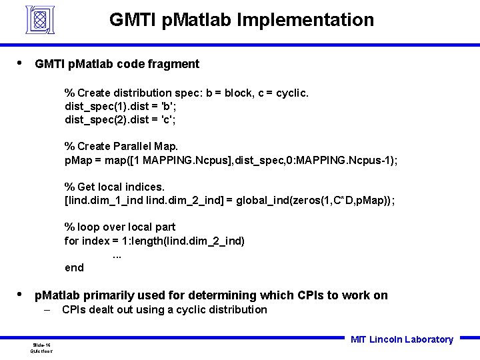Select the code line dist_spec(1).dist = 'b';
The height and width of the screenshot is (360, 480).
(120, 106)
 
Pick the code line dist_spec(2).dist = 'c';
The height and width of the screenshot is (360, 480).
(120, 120)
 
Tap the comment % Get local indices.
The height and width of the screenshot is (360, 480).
(114, 187)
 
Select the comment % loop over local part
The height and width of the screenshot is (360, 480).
(120, 227)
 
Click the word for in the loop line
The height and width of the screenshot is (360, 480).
(71, 241)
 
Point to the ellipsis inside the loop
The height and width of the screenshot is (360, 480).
(117, 254)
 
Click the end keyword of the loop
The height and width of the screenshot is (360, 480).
(74, 268)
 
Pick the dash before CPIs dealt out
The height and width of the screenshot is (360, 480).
(48, 310)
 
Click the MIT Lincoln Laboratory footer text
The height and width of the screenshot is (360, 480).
(401, 339)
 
